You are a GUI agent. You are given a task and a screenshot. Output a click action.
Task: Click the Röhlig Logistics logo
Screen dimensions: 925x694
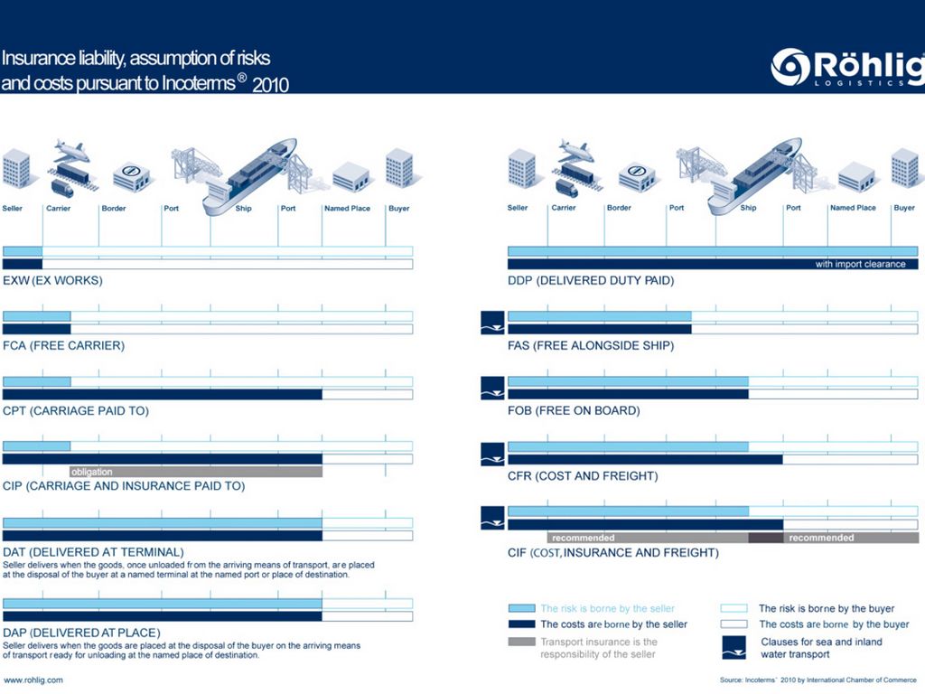click(847, 67)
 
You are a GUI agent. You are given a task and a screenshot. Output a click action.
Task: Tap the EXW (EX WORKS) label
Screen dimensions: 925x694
click(52, 280)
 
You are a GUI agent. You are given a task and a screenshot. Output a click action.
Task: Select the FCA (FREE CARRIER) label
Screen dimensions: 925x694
click(64, 345)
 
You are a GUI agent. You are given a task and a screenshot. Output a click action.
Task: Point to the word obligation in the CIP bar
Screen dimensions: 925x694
click(91, 472)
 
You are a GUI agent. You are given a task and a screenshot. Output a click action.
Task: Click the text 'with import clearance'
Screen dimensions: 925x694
click(860, 264)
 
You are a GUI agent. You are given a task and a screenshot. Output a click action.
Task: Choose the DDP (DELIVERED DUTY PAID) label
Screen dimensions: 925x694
click(591, 280)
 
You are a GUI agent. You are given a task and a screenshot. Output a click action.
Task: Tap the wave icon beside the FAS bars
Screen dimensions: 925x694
click(492, 323)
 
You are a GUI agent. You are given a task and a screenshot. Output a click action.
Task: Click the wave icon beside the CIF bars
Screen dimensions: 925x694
click(492, 518)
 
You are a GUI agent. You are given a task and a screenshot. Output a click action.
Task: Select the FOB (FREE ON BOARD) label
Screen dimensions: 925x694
click(574, 410)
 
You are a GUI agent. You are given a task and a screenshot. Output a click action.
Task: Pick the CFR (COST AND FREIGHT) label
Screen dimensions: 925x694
click(583, 475)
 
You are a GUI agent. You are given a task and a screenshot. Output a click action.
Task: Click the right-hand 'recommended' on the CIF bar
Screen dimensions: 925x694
click(821, 538)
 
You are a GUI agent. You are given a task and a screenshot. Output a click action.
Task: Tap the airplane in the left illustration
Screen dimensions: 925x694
click(72, 151)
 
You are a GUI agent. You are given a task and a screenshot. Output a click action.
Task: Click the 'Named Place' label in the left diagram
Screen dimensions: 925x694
click(347, 209)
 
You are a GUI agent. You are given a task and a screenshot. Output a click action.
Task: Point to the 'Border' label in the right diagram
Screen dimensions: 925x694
click(619, 208)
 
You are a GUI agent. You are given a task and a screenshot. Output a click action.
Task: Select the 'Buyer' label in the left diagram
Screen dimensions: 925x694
click(398, 209)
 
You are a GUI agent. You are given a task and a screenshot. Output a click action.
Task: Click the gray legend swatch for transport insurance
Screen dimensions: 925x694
click(521, 642)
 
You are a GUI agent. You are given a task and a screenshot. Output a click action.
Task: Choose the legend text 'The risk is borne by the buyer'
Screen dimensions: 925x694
click(827, 608)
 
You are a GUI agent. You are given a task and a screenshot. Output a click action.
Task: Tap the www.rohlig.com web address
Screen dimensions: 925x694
click(33, 680)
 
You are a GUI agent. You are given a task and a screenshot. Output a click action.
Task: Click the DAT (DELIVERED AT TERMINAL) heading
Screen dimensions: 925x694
click(93, 552)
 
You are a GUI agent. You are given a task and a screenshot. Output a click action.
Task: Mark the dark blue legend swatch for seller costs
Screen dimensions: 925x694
click(521, 624)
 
